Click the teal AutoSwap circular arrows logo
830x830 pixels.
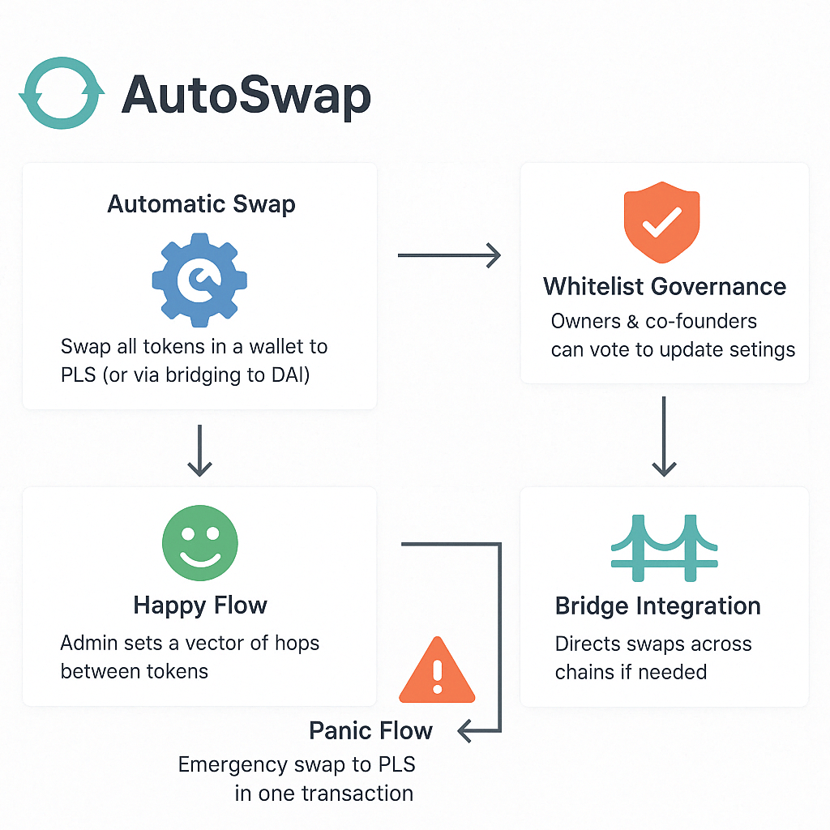click(x=62, y=92)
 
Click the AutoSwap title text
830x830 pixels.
click(x=246, y=96)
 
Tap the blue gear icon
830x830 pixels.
click(x=199, y=280)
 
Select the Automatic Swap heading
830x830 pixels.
click(x=201, y=203)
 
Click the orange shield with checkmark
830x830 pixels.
click(x=661, y=225)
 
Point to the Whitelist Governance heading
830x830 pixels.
click(x=665, y=286)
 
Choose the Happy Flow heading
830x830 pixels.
click(x=200, y=605)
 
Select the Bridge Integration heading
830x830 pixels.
click(x=657, y=606)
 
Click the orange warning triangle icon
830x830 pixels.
click(x=437, y=670)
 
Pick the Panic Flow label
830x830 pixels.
click(x=370, y=731)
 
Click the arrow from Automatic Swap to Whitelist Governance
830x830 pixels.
click(x=450, y=257)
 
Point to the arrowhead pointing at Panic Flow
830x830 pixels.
click(x=465, y=732)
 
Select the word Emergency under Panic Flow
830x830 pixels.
click(x=232, y=764)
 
